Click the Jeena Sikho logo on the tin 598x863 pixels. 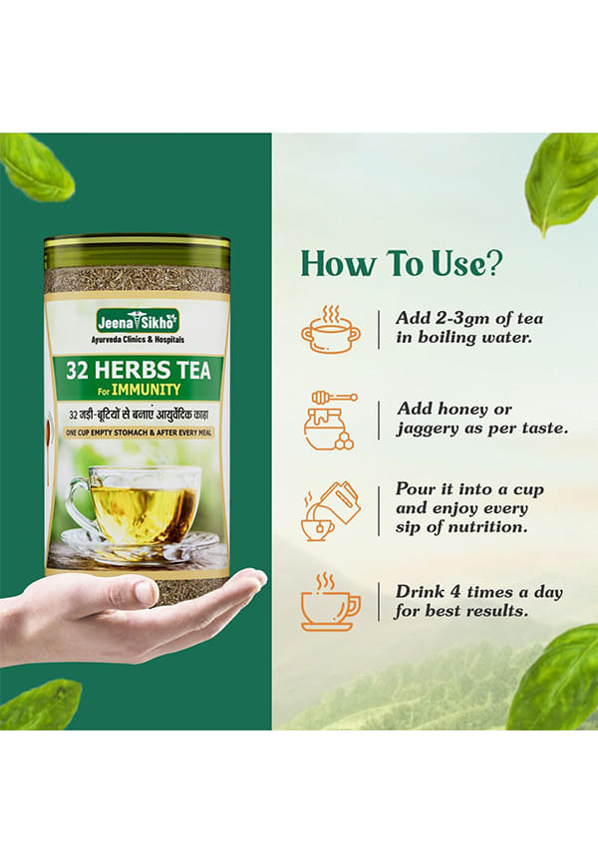pyautogui.click(x=138, y=321)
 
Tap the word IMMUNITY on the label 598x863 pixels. pyautogui.click(x=146, y=390)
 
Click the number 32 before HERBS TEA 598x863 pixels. pyautogui.click(x=77, y=371)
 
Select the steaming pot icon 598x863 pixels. pyautogui.click(x=331, y=329)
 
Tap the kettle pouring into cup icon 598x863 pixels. pyautogui.click(x=331, y=511)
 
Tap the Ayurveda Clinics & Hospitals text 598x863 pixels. pyautogui.click(x=138, y=340)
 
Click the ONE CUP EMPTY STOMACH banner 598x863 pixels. pyautogui.click(x=139, y=432)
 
